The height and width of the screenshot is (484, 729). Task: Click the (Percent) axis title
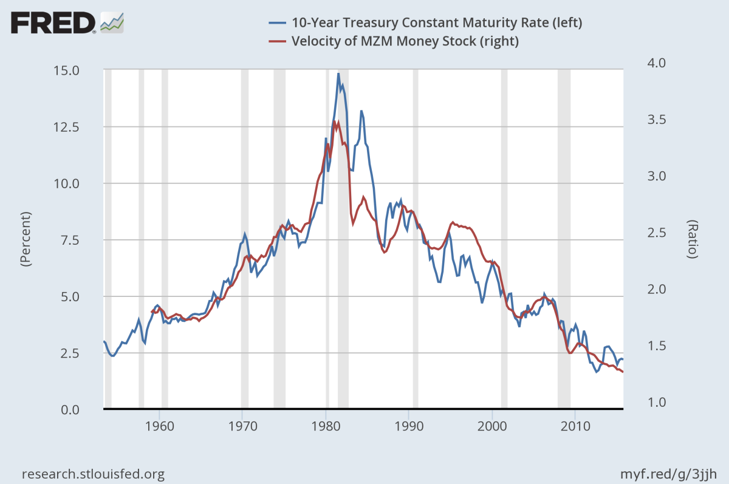click(26, 240)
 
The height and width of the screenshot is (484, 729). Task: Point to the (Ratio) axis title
click(692, 240)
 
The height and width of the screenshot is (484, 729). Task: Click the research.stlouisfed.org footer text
click(93, 474)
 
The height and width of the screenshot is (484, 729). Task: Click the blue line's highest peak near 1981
click(338, 73)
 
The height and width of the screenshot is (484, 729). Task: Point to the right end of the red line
click(623, 372)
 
